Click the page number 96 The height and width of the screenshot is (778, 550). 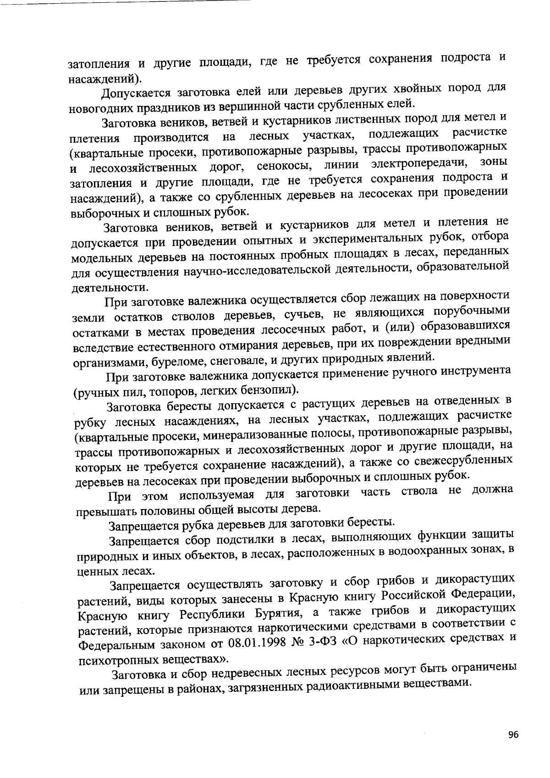click(x=513, y=734)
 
